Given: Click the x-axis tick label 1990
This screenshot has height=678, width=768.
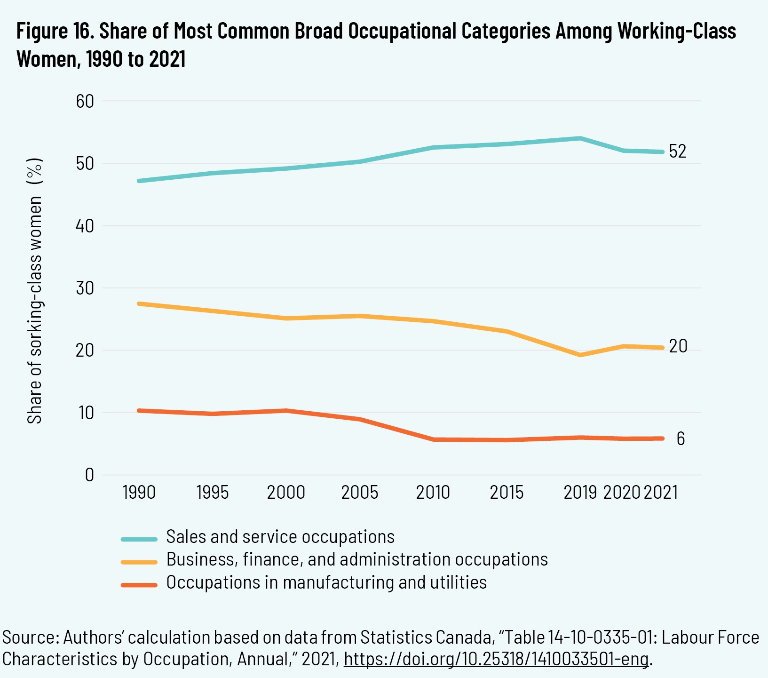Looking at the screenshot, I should pyautogui.click(x=139, y=493).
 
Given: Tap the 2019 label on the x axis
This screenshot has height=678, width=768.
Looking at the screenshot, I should pyautogui.click(x=580, y=493).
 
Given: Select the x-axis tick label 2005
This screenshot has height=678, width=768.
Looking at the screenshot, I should pyautogui.click(x=360, y=493).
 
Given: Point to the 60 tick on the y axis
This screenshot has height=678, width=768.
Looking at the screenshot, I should pyautogui.click(x=85, y=101).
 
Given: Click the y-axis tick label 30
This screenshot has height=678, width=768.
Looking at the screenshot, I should pyautogui.click(x=85, y=288).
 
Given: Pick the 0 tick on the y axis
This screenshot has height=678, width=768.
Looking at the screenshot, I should pyautogui.click(x=89, y=475).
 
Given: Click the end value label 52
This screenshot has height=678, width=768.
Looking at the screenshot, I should pyautogui.click(x=678, y=152).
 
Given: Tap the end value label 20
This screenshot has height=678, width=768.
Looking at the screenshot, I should pyautogui.click(x=678, y=346).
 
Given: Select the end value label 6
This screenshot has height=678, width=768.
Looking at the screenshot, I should pyautogui.click(x=681, y=439).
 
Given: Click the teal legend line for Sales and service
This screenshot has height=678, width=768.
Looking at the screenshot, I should pyautogui.click(x=139, y=539).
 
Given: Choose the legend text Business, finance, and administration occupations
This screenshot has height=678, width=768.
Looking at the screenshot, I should pyautogui.click(x=357, y=559).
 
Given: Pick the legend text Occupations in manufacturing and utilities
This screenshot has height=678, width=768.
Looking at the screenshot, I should pyautogui.click(x=326, y=582).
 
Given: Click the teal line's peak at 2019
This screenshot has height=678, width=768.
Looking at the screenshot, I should pyautogui.click(x=580, y=138).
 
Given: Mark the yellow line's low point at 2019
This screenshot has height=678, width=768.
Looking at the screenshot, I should pyautogui.click(x=580, y=355).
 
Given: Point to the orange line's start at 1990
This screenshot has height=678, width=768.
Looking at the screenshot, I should pyautogui.click(x=139, y=411).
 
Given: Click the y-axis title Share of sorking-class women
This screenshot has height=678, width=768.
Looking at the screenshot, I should pyautogui.click(x=35, y=292).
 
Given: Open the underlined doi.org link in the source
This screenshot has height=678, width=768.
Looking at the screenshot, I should pyautogui.click(x=496, y=659).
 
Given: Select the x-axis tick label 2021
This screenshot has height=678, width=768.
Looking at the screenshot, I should pyautogui.click(x=661, y=493).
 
